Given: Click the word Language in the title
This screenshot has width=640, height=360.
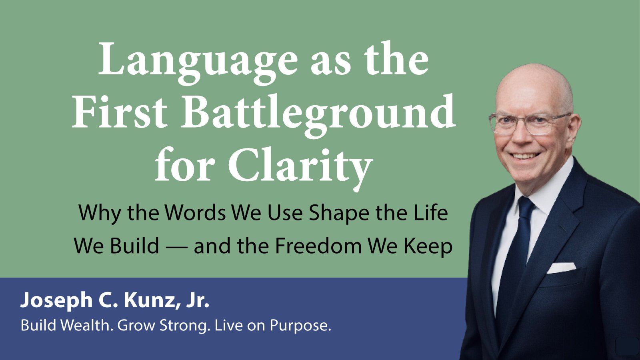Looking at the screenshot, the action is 198,62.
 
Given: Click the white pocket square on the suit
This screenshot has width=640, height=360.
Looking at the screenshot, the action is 561,268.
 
